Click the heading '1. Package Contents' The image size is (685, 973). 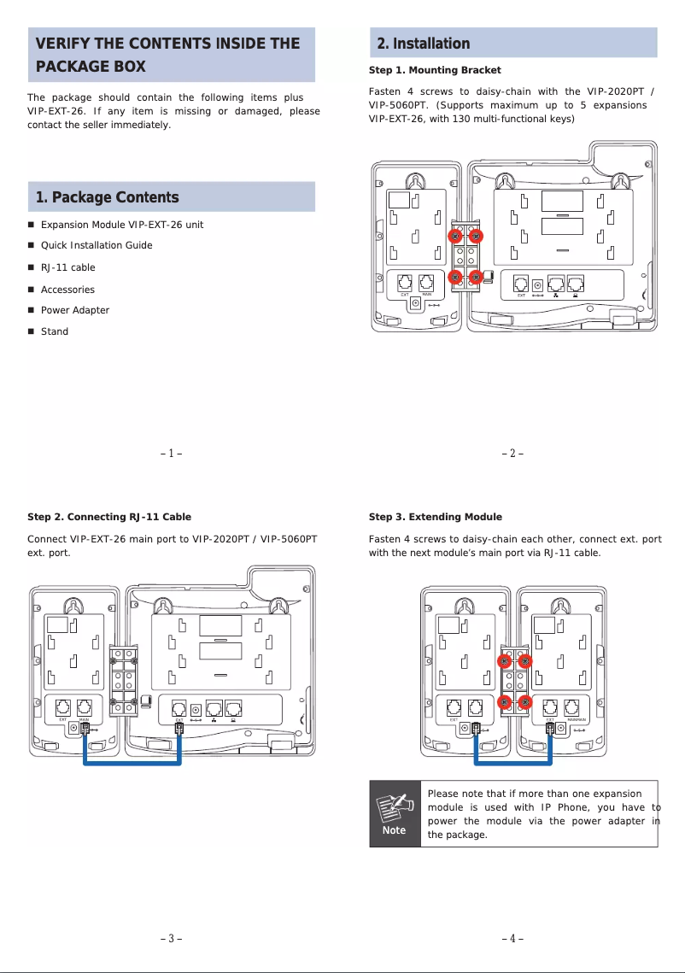click(107, 198)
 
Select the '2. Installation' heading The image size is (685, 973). click(424, 44)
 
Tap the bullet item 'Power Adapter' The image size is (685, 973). click(75, 310)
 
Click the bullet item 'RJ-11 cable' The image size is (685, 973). click(68, 267)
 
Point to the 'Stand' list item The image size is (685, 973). click(55, 331)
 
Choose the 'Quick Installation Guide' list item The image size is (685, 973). click(97, 245)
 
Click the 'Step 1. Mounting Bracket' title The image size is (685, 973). click(435, 70)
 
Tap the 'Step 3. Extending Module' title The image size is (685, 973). click(436, 517)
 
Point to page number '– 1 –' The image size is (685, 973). click(172, 454)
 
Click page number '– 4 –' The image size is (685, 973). click(512, 939)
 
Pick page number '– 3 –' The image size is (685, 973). click(172, 939)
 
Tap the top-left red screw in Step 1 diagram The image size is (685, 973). click(457, 236)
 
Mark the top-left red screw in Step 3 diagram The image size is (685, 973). click(505, 661)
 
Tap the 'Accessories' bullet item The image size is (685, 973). click(67, 290)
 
